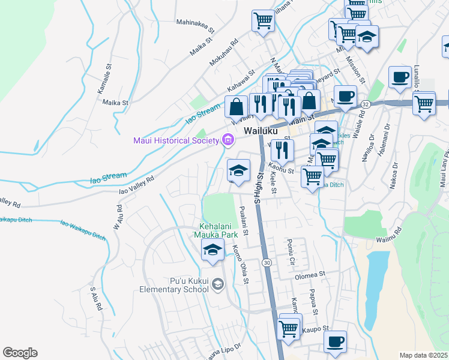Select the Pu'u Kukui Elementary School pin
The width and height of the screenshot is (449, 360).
click(x=218, y=284)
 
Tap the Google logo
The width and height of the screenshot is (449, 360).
click(x=20, y=353)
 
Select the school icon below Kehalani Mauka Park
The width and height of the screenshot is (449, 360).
click(x=212, y=250)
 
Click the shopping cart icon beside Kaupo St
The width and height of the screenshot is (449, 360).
click(x=289, y=328)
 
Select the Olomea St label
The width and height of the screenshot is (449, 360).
click(x=310, y=277)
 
